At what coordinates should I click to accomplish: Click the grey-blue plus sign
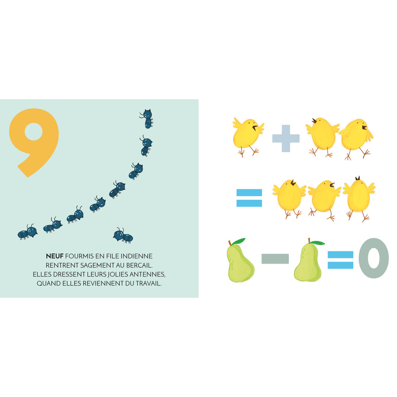point(286,138)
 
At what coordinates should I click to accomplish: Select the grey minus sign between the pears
point(275,259)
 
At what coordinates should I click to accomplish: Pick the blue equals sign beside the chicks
point(249,198)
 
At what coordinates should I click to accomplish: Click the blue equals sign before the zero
point(340,259)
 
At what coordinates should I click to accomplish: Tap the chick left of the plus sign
point(248,136)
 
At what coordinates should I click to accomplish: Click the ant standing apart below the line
point(123,235)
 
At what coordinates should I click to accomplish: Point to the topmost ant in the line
point(147,119)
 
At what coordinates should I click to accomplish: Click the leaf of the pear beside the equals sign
point(318,243)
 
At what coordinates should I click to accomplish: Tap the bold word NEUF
point(55,256)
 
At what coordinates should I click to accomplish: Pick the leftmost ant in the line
point(28,232)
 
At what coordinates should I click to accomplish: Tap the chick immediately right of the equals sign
point(289,198)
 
